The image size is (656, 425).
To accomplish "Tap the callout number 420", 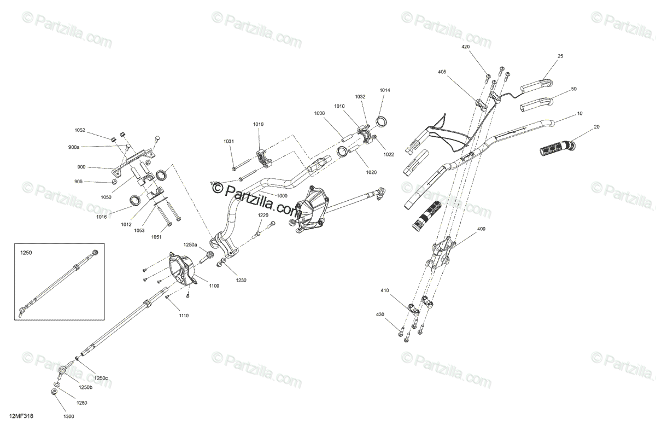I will pyautogui.click(x=466, y=47).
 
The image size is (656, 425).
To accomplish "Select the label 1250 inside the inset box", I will pyautogui.click(x=26, y=254).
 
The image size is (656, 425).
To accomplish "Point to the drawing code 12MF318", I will pyautogui.click(x=21, y=416).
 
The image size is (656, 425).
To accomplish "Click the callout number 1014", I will pyautogui.click(x=385, y=90).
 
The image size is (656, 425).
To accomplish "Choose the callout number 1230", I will pyautogui.click(x=241, y=280).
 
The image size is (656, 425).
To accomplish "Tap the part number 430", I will pyautogui.click(x=380, y=314).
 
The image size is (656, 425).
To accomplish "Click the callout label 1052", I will pyautogui.click(x=80, y=130).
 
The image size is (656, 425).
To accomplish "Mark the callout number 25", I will pyautogui.click(x=560, y=56).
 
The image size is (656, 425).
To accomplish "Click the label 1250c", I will pyautogui.click(x=101, y=378).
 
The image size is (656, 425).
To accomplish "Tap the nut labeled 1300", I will pyautogui.click(x=54, y=392).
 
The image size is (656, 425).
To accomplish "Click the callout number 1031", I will pyautogui.click(x=229, y=142).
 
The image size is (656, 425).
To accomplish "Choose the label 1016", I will pyautogui.click(x=101, y=217).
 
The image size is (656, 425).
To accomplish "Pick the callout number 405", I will pyautogui.click(x=442, y=72).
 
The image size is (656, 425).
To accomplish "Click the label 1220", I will pyautogui.click(x=263, y=216).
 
